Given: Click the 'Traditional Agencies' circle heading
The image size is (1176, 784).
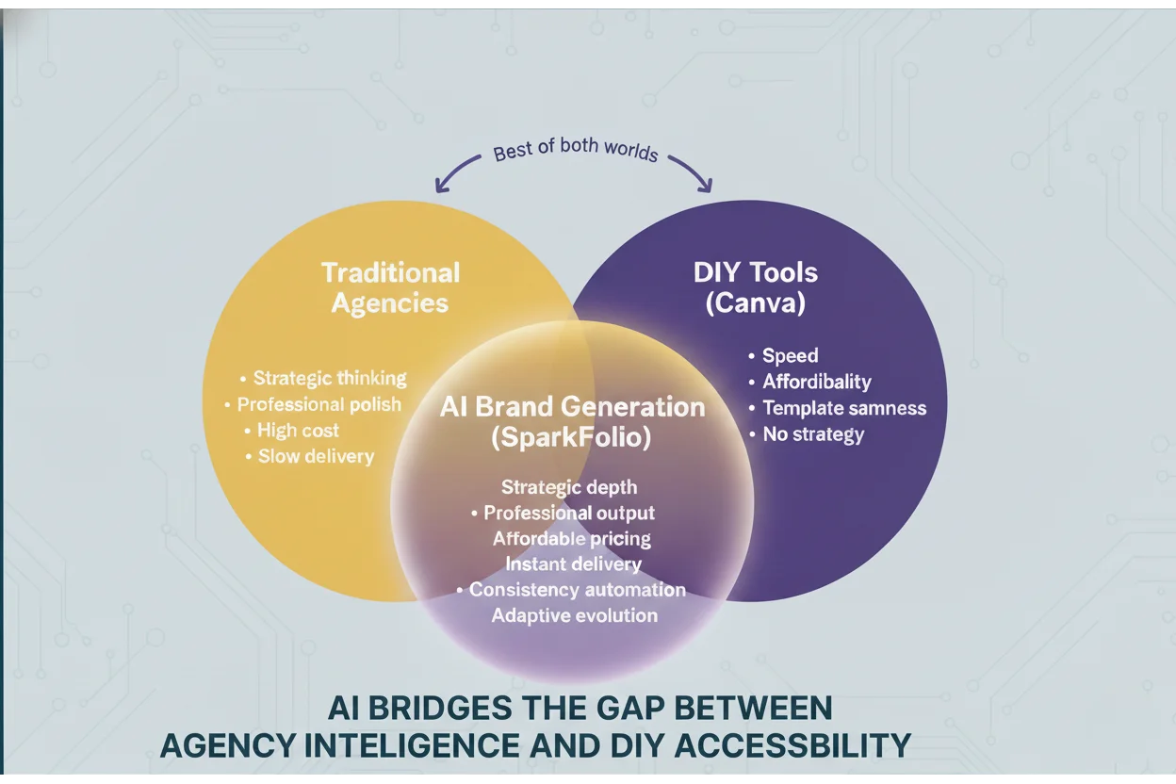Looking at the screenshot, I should coord(390,287).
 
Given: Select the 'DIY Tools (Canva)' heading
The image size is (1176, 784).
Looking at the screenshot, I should coord(756,287).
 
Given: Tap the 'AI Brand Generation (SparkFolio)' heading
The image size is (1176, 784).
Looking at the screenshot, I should coord(572,422).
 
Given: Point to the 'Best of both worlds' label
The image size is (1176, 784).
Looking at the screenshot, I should coord(576,151).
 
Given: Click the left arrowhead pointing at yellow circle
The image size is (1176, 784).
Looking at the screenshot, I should coord(440,187).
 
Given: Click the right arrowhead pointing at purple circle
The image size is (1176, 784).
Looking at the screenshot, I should coord(704,186).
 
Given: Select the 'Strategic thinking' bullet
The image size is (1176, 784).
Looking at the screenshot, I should coord(329,378).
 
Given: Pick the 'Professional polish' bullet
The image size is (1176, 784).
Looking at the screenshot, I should coord(318,404).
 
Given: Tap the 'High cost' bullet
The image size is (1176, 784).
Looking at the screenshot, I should coord(298,431).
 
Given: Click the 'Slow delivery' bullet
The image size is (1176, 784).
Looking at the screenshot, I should coord(316,456).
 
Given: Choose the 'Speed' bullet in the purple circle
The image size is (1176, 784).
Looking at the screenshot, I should coord(790,355).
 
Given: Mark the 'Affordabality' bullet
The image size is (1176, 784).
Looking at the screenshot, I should coord(816,382).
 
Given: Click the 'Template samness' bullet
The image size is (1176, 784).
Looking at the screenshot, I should coord(843,408).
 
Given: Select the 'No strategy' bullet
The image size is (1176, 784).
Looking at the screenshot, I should coord(812,434).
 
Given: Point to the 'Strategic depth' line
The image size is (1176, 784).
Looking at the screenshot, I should coord(569,487).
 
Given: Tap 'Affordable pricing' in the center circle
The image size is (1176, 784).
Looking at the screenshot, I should coord(571,539).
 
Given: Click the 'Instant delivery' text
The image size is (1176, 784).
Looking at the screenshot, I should coord(573,564).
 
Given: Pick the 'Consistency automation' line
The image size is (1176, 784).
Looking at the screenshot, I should coord(577,590).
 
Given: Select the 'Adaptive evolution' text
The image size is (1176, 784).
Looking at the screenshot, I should coord(574,615).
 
